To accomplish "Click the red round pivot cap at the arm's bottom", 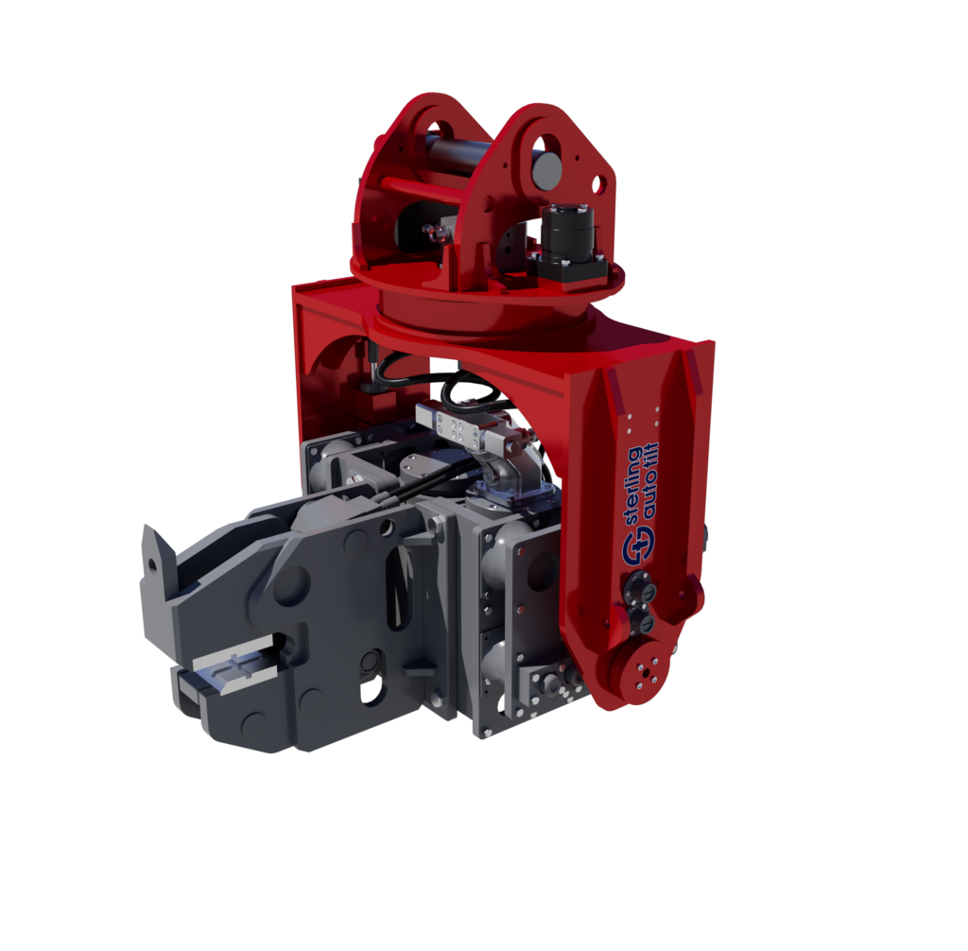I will (645, 670).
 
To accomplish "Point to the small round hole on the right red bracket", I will (598, 186).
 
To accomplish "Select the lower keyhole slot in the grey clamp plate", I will (370, 672).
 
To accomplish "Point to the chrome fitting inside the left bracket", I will (435, 231).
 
